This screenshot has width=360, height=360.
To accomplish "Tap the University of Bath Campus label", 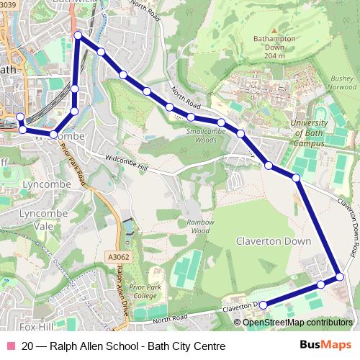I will point(308,132).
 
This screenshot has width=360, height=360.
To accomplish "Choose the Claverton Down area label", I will point(267,242).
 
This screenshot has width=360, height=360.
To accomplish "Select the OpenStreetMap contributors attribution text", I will point(297,322).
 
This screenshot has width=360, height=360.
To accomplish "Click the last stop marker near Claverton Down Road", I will point(262,305).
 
